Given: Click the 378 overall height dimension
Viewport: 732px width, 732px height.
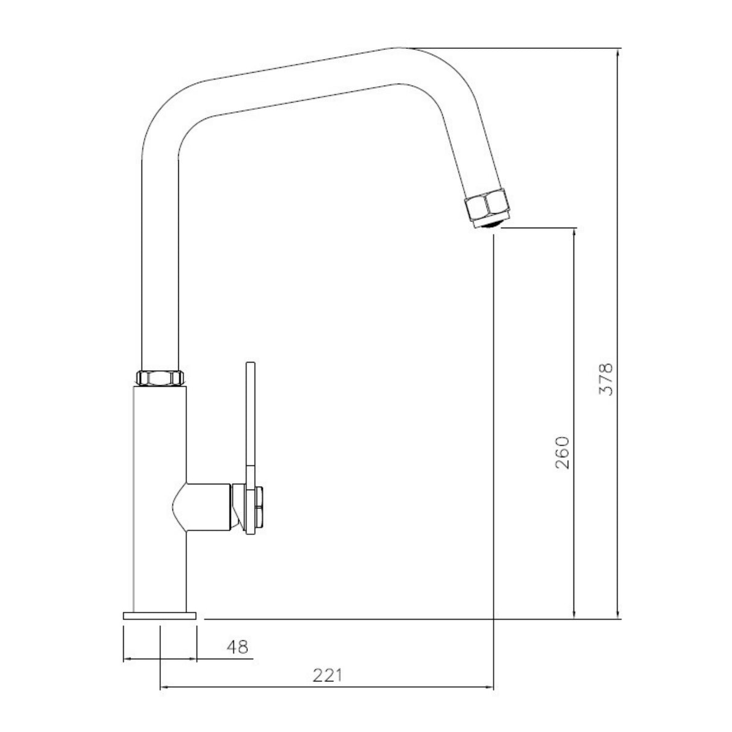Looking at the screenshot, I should tap(606, 379).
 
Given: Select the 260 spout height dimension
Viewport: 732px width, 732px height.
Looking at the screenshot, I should tap(561, 453).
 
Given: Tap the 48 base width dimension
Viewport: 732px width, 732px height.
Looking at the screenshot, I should tap(237, 647).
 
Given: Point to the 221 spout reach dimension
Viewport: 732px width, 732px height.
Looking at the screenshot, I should tap(327, 675).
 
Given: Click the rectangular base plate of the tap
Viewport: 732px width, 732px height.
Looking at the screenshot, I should tap(160, 616).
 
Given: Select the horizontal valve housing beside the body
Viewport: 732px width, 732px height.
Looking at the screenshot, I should tap(208, 506).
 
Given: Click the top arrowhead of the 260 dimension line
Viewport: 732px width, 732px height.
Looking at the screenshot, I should tap(575, 232).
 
